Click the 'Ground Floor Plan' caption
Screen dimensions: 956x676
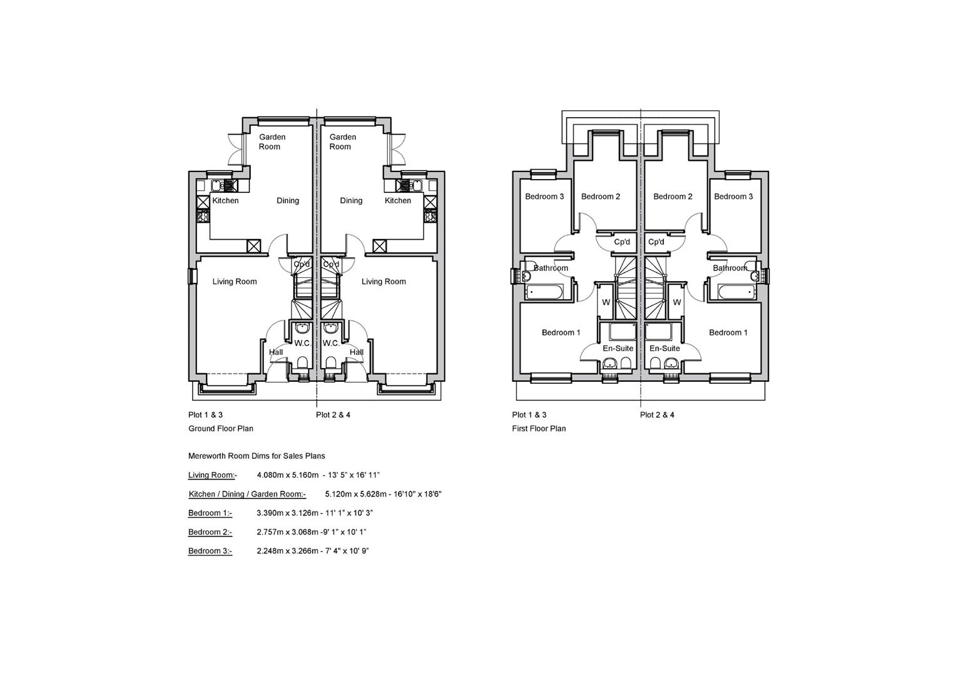[221, 428]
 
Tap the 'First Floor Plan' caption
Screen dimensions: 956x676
[539, 428]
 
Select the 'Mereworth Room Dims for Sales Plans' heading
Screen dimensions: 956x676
[257, 456]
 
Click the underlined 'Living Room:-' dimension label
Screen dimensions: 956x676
[213, 475]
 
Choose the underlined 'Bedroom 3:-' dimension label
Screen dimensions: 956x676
[210, 551]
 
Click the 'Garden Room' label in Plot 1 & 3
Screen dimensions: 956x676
[272, 142]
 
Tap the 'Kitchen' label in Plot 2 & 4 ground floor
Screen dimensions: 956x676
[398, 200]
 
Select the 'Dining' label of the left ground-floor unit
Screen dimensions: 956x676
[288, 200]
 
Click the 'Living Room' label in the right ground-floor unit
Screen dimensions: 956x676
[384, 282]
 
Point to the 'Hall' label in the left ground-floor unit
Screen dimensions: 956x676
[276, 352]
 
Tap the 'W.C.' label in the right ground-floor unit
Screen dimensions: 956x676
[331, 343]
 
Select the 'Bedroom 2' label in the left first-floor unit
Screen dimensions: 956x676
[601, 197]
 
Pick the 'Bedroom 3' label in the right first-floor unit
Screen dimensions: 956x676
[733, 197]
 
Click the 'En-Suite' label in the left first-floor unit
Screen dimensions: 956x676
[618, 349]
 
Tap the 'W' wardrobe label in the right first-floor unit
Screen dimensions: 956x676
[677, 302]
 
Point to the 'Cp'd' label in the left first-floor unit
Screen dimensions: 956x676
[622, 242]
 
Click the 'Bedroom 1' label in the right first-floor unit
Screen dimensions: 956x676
[728, 332]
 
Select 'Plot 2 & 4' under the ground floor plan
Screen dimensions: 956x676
[333, 414]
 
